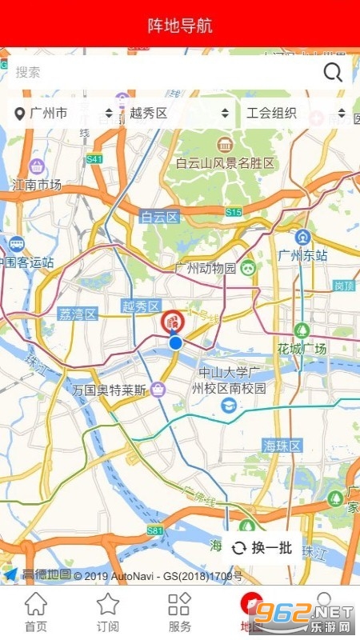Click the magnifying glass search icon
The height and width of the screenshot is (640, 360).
(x=333, y=73)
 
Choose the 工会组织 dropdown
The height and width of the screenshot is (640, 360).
(x=295, y=114)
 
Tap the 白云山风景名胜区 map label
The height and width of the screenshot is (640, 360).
(x=225, y=163)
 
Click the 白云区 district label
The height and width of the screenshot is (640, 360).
(x=159, y=216)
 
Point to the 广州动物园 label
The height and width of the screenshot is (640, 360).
(x=206, y=268)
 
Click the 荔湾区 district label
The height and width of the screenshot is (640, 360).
(x=78, y=314)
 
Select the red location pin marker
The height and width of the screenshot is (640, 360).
(x=172, y=322)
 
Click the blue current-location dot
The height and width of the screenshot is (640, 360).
(x=175, y=343)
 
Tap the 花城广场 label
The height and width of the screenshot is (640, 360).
(x=302, y=349)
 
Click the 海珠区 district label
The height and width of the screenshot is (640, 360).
(x=282, y=445)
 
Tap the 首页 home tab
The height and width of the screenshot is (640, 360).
(x=36, y=613)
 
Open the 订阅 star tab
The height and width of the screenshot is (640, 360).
(x=108, y=613)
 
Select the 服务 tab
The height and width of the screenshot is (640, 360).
(x=180, y=613)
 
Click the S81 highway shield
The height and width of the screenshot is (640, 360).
(x=154, y=530)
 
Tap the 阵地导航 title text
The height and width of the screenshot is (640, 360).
(x=180, y=26)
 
